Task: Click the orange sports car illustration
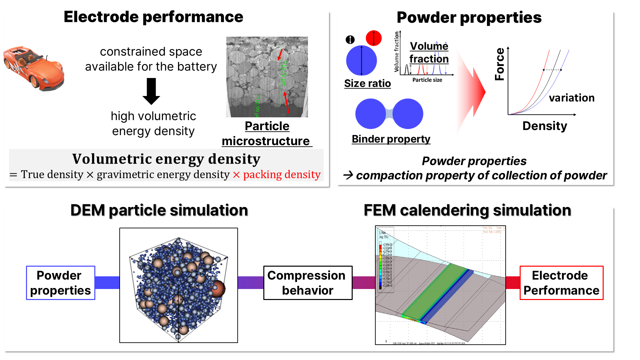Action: point(33,68)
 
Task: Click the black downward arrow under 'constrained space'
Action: point(151,91)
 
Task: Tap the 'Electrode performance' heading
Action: point(153,17)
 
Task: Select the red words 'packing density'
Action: point(282,174)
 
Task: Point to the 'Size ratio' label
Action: point(367,83)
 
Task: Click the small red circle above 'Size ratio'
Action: point(373,38)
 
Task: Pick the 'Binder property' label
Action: point(391,139)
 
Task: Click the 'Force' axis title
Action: point(500,64)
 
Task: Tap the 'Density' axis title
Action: point(545,126)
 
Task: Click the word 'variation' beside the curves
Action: point(572,98)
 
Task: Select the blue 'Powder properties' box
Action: point(61,283)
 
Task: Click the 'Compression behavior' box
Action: point(308,283)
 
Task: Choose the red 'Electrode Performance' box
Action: point(561,283)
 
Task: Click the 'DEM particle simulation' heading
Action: point(159,210)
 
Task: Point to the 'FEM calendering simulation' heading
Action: point(467,210)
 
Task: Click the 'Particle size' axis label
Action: point(427,80)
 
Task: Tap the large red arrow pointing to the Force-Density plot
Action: point(473,92)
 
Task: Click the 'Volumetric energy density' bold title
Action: point(166,159)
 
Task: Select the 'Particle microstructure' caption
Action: point(267,134)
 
